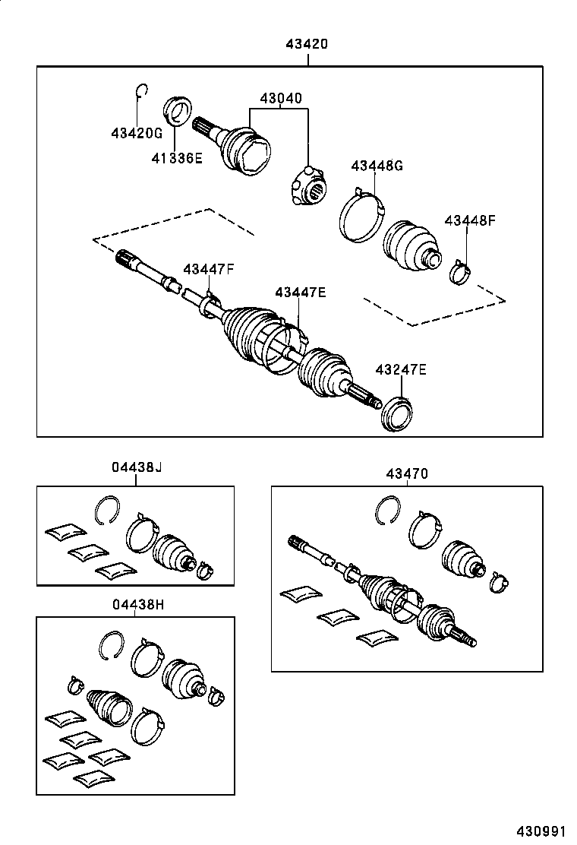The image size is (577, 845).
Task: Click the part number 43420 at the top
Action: pyautogui.click(x=307, y=44)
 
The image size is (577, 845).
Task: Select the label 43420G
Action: pyautogui.click(x=137, y=133)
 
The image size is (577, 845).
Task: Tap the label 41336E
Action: pyautogui.click(x=177, y=159)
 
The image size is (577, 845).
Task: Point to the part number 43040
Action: pyautogui.click(x=280, y=98)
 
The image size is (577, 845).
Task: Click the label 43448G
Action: pyautogui.click(x=377, y=166)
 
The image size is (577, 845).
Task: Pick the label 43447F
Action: pyautogui.click(x=208, y=268)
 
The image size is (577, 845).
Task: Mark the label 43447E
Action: pyautogui.click(x=301, y=292)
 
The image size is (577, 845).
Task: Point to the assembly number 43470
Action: pyautogui.click(x=407, y=473)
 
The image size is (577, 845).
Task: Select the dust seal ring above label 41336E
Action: pyautogui.click(x=178, y=109)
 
